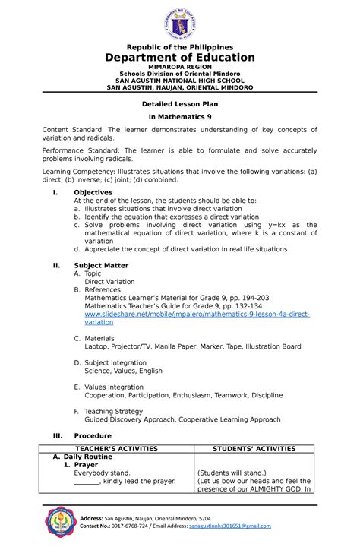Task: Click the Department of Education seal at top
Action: [179, 24]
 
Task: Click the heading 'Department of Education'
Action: [180, 58]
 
